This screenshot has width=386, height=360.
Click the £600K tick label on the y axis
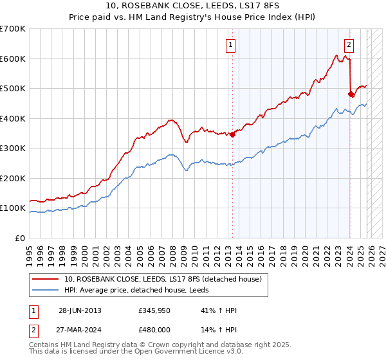(x=13, y=59)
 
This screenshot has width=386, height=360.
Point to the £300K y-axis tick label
(x=13, y=148)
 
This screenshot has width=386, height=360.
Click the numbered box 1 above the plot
(x=230, y=45)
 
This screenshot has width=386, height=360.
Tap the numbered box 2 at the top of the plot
(x=349, y=45)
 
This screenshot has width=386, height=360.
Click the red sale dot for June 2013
(x=233, y=134)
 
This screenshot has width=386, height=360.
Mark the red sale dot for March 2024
(x=351, y=94)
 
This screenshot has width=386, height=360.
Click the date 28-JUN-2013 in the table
(x=80, y=310)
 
